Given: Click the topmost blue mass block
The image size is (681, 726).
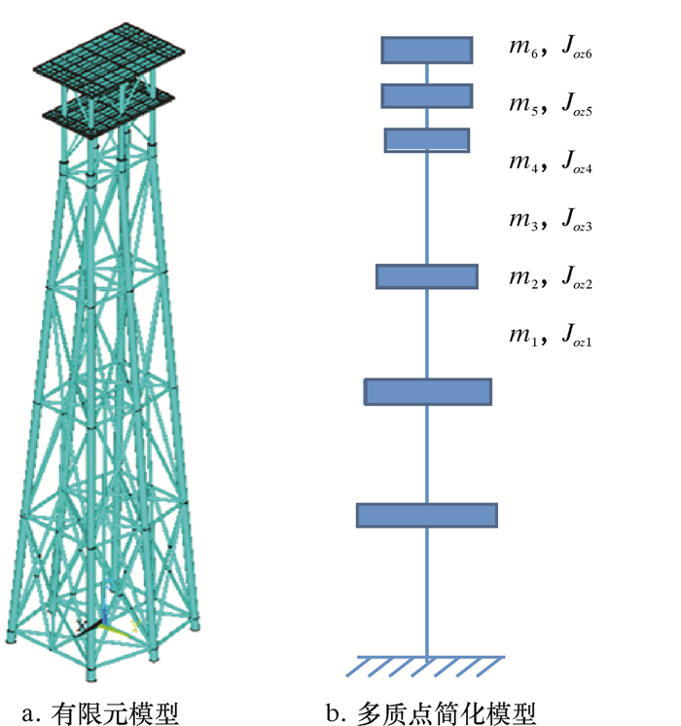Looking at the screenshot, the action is [427, 50].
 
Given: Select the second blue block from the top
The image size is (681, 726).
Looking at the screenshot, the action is [427, 95].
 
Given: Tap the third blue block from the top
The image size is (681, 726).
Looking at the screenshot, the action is [427, 140].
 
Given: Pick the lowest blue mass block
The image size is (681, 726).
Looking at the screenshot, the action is [427, 515].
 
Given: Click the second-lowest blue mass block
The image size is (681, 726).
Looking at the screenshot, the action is [427, 391].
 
